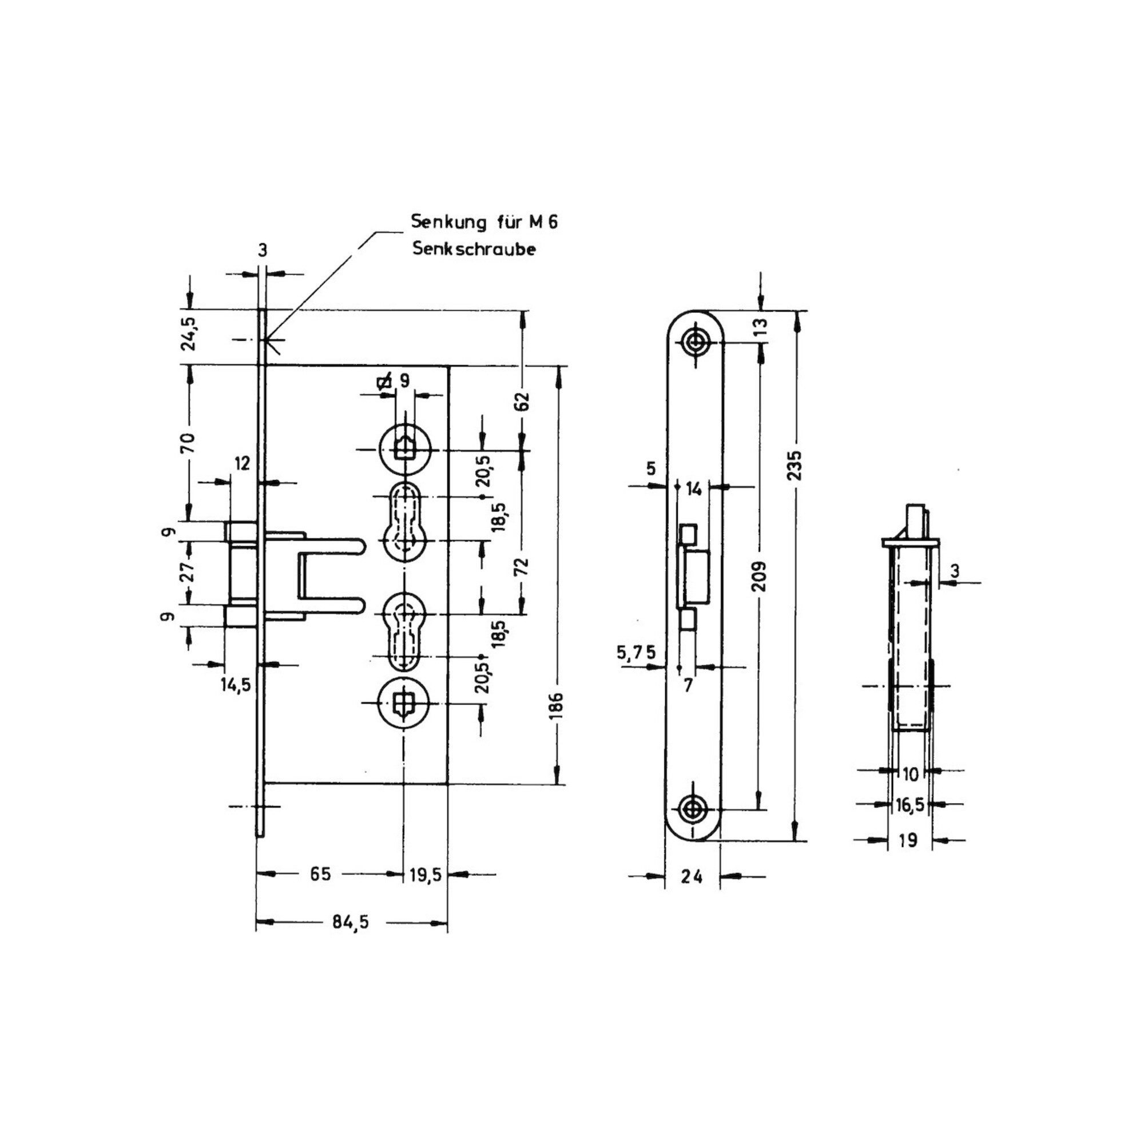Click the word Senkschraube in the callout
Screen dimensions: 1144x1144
(x=474, y=249)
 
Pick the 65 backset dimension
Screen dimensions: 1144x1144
(x=320, y=874)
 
